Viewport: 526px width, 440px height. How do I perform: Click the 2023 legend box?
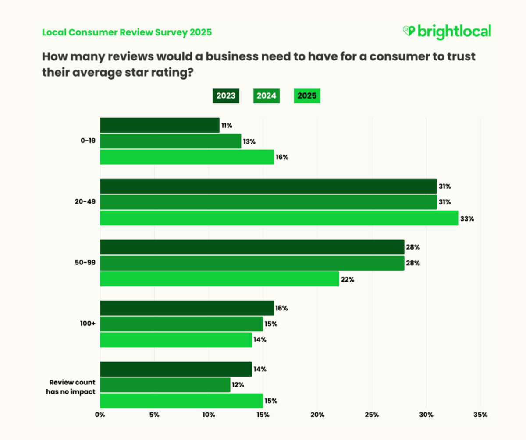[226, 96]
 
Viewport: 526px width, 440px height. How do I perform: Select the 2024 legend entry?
[266, 96]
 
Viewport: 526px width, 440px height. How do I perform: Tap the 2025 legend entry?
[307, 96]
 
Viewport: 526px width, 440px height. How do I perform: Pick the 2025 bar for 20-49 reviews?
[279, 218]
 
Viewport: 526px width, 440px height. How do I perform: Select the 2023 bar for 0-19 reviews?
[160, 125]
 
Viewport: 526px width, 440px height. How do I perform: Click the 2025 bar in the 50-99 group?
[219, 279]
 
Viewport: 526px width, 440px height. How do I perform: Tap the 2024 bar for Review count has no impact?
[165, 385]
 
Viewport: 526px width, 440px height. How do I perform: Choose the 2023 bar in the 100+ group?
[187, 308]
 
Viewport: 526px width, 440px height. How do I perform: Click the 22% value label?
[348, 279]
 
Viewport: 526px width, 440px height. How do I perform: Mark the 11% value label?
[227, 125]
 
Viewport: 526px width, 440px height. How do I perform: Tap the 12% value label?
[238, 385]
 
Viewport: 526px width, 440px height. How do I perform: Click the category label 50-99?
[86, 263]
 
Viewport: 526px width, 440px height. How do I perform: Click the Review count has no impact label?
[71, 387]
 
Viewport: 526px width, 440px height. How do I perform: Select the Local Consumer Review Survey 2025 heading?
[127, 32]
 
